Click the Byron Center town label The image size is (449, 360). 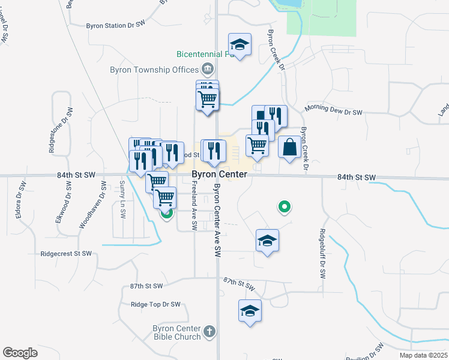click(219, 174)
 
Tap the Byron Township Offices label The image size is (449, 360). click(154, 69)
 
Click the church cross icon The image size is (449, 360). click(208, 331)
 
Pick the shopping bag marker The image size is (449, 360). click(289, 147)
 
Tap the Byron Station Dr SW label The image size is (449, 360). click(116, 26)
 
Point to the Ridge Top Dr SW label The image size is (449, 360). click(155, 305)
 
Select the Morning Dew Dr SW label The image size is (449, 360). click(333, 112)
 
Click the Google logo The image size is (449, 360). click(20, 353)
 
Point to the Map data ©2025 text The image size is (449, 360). click(423, 355)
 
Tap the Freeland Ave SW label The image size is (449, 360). click(194, 207)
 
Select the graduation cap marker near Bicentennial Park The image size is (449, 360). click(240, 44)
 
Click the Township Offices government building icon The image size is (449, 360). click(208, 68)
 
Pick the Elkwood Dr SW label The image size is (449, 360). click(64, 206)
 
